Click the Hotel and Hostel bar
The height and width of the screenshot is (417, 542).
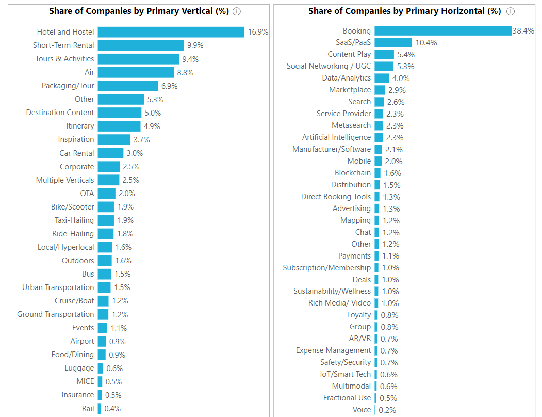(x=171, y=32)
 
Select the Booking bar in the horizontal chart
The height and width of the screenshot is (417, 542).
(x=442, y=31)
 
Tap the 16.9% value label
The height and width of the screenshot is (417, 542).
(x=258, y=32)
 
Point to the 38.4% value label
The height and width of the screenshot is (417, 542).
(x=523, y=31)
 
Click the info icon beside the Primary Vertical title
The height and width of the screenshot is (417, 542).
(x=237, y=11)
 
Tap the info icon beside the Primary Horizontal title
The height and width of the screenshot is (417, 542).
(x=510, y=11)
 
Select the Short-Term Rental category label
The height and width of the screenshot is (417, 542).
(x=63, y=45)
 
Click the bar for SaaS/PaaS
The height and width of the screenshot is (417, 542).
(x=393, y=42)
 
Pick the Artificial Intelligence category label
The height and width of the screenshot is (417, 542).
(x=336, y=137)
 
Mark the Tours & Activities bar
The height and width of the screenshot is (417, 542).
(x=138, y=59)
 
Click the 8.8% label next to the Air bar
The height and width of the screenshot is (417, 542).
(x=185, y=73)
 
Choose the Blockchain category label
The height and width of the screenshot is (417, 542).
(x=352, y=173)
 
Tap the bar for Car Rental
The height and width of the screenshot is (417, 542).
(x=110, y=153)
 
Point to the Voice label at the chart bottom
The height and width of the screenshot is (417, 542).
(x=362, y=410)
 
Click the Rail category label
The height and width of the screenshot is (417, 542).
(x=88, y=409)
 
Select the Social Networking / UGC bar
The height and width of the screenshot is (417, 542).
(x=384, y=66)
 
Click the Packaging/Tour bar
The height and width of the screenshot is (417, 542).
(x=127, y=86)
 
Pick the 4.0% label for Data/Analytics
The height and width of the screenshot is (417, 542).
(x=401, y=78)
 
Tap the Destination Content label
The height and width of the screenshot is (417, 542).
(x=60, y=113)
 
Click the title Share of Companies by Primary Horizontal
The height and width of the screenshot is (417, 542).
(x=404, y=11)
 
